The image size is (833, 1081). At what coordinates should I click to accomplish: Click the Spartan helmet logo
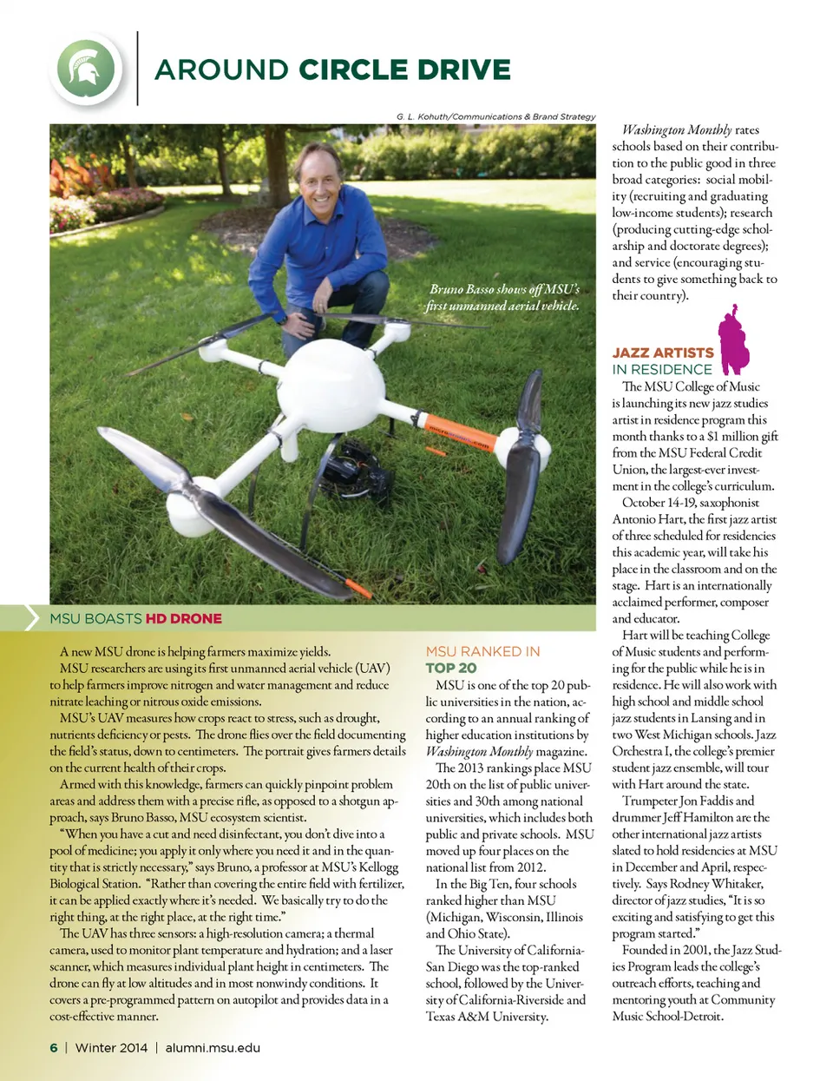(x=86, y=69)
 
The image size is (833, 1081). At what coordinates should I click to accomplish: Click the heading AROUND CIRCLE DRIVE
(x=332, y=69)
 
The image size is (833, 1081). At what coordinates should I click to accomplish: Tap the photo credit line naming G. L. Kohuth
(x=495, y=116)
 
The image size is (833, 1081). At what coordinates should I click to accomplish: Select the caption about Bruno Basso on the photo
(x=504, y=297)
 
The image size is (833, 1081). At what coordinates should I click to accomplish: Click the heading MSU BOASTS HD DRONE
(x=135, y=618)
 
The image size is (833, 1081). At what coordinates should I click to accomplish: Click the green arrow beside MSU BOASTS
(x=31, y=618)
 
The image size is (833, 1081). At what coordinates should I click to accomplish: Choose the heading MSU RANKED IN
(x=482, y=651)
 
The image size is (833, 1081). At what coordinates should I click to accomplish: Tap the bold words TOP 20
(x=450, y=668)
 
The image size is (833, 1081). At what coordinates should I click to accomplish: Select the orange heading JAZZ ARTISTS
(x=663, y=353)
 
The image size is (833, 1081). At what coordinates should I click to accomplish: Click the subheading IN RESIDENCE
(x=661, y=369)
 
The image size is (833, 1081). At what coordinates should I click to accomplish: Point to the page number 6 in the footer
(x=54, y=1047)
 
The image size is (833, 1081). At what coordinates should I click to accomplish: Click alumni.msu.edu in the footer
(x=213, y=1047)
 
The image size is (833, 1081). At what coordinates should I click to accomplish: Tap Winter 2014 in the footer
(x=111, y=1047)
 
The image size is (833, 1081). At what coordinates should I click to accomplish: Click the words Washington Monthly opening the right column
(x=677, y=130)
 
